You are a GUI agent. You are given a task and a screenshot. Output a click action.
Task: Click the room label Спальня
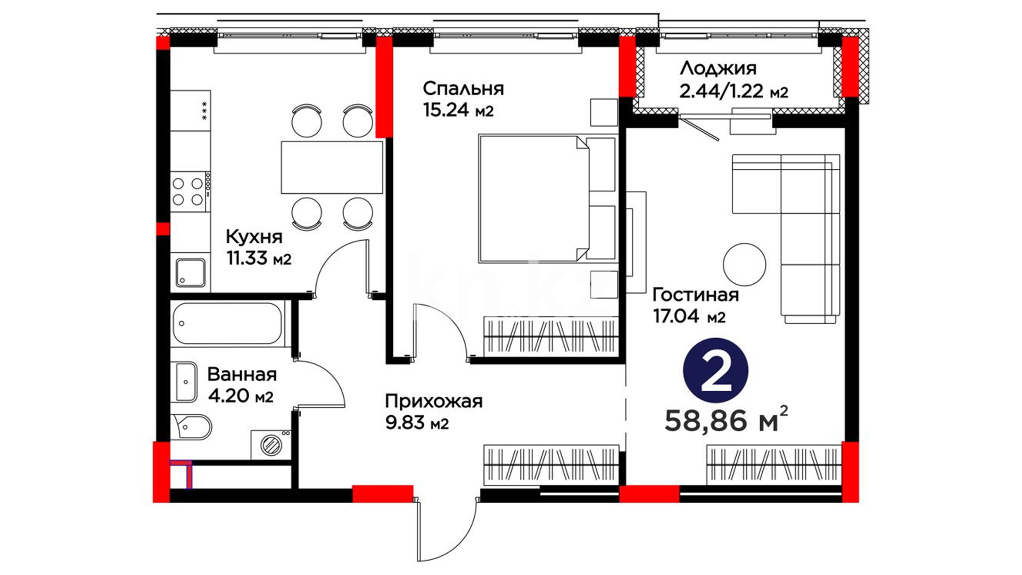click(x=463, y=88)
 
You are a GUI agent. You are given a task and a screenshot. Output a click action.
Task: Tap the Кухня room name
click(x=254, y=237)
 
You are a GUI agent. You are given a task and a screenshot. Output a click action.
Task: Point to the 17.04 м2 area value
click(x=689, y=316)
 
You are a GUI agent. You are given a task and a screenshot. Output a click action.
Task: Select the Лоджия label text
click(x=718, y=69)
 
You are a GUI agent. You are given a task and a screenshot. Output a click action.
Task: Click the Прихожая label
click(x=434, y=401)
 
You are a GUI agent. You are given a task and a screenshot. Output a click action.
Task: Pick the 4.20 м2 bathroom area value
click(x=241, y=396)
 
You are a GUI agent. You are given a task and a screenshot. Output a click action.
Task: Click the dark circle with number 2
click(x=715, y=371)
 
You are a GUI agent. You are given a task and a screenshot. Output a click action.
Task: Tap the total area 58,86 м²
click(x=726, y=420)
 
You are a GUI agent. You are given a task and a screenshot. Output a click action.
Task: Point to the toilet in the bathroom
click(x=191, y=426)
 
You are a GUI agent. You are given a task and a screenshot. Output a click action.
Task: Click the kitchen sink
click(x=191, y=273)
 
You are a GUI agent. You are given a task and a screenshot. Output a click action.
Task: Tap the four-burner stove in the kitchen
click(x=189, y=192)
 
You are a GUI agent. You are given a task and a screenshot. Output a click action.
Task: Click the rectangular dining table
click(x=332, y=167)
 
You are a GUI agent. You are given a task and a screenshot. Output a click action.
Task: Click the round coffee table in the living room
click(x=744, y=265)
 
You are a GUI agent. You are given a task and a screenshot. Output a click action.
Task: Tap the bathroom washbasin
click(x=186, y=382)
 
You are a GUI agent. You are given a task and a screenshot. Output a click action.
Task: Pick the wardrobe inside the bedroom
click(x=550, y=335)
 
